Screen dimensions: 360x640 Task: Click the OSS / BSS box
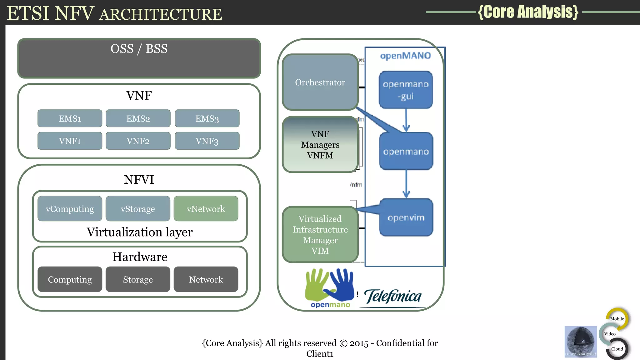(139, 58)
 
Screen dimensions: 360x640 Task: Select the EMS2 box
(138, 118)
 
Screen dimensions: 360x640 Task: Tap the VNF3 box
(207, 141)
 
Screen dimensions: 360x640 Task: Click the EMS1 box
(70, 118)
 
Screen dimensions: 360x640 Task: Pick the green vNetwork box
(206, 209)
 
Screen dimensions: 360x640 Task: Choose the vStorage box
(138, 209)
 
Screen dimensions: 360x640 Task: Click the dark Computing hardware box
(70, 279)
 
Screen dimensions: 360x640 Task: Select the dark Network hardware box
(206, 279)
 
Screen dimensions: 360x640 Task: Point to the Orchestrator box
(320, 82)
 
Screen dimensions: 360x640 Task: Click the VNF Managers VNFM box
(320, 144)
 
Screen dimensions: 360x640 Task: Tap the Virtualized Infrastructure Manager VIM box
(320, 234)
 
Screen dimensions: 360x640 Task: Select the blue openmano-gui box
(406, 90)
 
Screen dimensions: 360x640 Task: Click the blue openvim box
(406, 217)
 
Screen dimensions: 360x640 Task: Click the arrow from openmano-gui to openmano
(406, 120)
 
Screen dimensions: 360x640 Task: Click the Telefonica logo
(393, 296)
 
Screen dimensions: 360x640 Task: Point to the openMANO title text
(405, 56)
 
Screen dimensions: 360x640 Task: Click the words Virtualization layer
(139, 232)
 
